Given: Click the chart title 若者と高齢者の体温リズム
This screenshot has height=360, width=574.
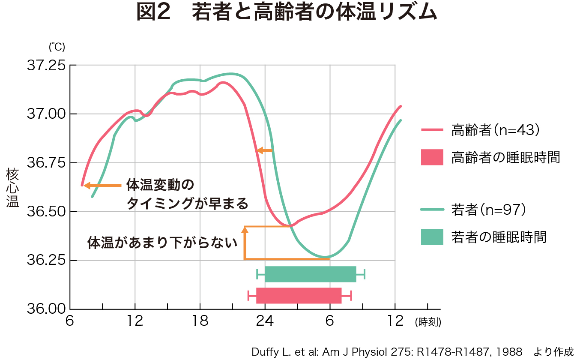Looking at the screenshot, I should tap(286, 13).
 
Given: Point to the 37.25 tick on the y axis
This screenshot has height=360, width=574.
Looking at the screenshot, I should tap(46, 66).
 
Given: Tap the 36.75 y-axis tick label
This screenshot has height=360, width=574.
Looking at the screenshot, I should tap(46, 163).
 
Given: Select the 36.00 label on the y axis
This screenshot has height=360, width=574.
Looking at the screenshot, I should tap(46, 309).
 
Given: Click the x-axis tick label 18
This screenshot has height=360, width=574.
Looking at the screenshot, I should tap(200, 321).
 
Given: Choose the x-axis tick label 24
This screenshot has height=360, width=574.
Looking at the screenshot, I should tap(265, 321).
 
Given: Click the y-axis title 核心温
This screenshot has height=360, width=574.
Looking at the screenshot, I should tap(13, 188).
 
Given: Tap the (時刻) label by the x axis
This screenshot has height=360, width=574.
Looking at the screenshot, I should tap(428, 322).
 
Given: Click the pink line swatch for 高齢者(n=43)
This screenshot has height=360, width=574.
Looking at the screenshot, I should tap(432, 130).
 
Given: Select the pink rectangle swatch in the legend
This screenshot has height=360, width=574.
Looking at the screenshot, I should tap(432, 157).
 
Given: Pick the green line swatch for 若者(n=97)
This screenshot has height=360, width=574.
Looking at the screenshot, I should tap(432, 210).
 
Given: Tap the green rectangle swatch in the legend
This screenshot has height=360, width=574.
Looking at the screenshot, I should tap(432, 237).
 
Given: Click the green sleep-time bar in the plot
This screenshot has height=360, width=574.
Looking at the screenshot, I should tap(310, 274).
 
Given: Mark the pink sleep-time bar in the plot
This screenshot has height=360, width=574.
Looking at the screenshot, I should tap(299, 296).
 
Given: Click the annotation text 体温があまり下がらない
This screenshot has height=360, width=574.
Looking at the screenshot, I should tap(162, 243).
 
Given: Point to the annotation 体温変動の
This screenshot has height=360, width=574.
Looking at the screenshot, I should tap(160, 186).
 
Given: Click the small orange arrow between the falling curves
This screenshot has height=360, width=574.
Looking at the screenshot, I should tap(264, 150).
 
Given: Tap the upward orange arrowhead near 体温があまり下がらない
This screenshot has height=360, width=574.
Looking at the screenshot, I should tap(245, 230).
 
